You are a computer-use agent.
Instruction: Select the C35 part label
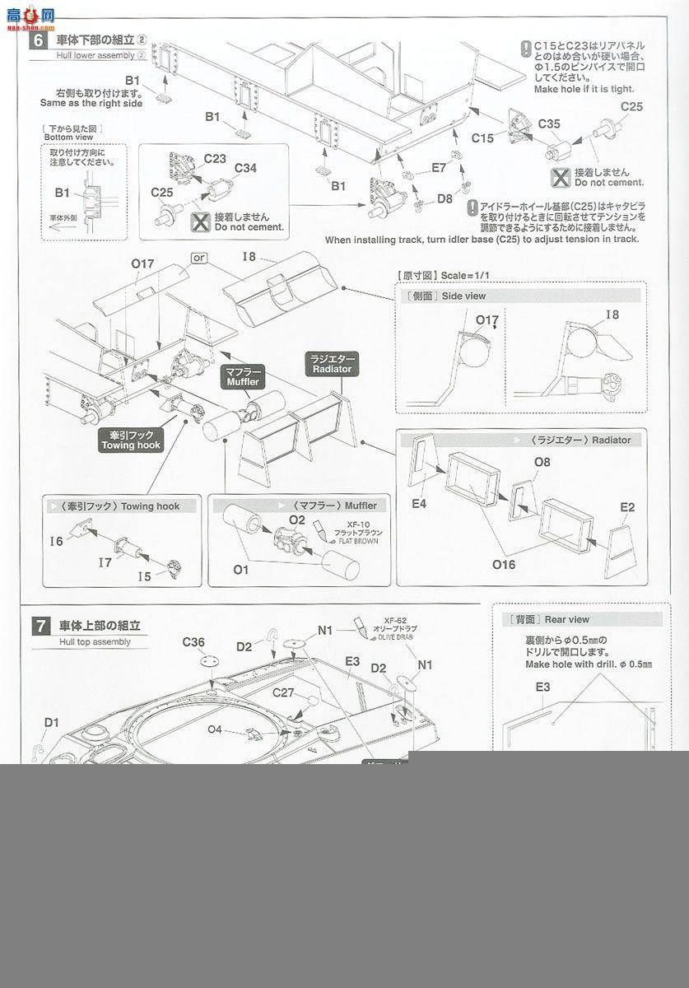click(549, 124)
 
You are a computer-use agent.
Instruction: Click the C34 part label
click(245, 168)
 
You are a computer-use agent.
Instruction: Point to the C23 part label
click(215, 158)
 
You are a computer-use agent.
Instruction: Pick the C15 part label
click(483, 138)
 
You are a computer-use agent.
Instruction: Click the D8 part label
click(445, 198)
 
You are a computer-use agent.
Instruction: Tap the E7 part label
click(439, 167)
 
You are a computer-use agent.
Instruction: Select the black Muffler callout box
click(241, 377)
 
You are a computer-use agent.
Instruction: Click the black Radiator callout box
click(332, 364)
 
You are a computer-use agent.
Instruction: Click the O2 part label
click(297, 520)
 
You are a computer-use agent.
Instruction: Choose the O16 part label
click(504, 564)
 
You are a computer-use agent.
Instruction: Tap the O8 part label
click(542, 463)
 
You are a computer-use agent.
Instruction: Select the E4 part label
click(419, 503)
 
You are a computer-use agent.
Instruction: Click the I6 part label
click(56, 541)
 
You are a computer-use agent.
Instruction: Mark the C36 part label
click(193, 643)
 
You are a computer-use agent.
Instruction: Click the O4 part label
click(215, 729)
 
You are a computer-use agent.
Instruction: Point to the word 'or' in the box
click(198, 258)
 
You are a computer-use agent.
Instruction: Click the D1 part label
click(52, 722)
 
